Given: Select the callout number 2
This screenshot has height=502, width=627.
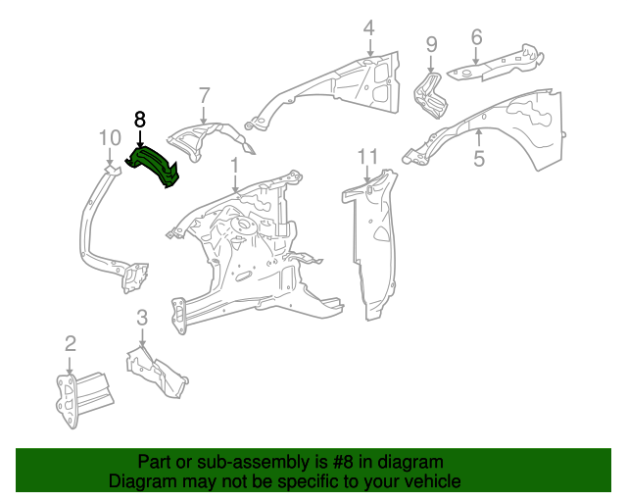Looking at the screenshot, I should tap(70, 342).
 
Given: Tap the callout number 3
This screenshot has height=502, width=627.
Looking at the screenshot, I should tap(141, 317).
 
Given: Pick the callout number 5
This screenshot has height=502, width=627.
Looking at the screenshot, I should tap(479, 158).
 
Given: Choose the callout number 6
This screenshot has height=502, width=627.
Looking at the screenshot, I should tap(476, 37).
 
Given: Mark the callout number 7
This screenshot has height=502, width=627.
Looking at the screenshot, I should tap(204, 95).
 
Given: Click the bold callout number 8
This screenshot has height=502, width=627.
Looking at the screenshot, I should tap(139, 119).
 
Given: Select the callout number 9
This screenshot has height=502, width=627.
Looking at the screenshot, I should tap(431, 43).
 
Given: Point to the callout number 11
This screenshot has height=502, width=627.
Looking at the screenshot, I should tap(367, 156).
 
